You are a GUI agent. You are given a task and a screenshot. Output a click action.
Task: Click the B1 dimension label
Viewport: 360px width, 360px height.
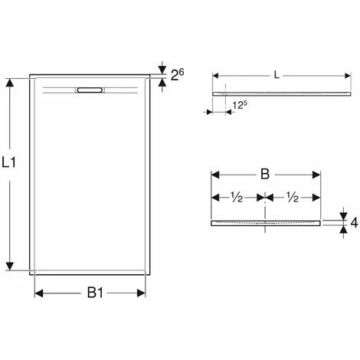coord(94,292)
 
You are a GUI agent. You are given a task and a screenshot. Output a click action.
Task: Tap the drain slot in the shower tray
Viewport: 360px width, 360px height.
coord(90,89)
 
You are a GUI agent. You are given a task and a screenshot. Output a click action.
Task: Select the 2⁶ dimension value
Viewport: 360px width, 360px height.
coord(176,74)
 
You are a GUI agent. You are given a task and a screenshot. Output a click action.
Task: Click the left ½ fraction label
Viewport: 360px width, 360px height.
coord(237,197)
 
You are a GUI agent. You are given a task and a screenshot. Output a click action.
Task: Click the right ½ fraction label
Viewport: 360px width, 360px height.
coord(293,197)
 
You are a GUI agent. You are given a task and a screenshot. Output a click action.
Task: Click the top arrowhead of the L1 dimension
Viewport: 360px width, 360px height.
coord(11,80)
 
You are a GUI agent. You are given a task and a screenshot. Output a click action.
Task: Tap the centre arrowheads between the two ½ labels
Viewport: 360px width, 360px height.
coord(265,196)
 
